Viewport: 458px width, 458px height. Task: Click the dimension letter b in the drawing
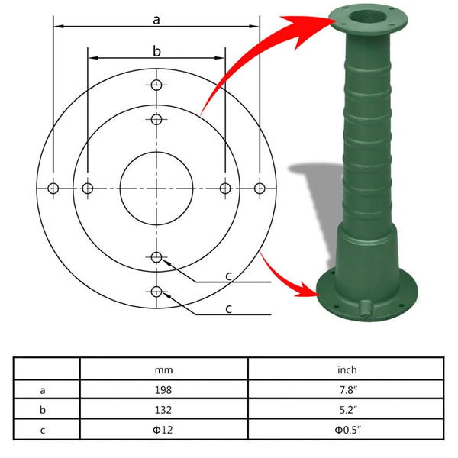[x=156, y=51]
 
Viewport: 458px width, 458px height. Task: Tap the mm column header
[x=164, y=370]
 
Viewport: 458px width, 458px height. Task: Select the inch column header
[x=347, y=370]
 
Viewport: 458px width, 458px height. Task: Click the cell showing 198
[x=164, y=389]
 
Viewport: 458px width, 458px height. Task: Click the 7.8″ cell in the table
[x=347, y=389]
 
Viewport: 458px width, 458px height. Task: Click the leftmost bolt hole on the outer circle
[x=53, y=188]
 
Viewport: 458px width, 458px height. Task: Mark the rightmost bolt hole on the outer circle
[x=260, y=188]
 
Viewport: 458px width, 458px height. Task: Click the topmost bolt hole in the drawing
[x=156, y=85]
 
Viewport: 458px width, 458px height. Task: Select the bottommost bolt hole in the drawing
[x=156, y=291]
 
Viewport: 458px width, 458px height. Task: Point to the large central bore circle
[x=156, y=188]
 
